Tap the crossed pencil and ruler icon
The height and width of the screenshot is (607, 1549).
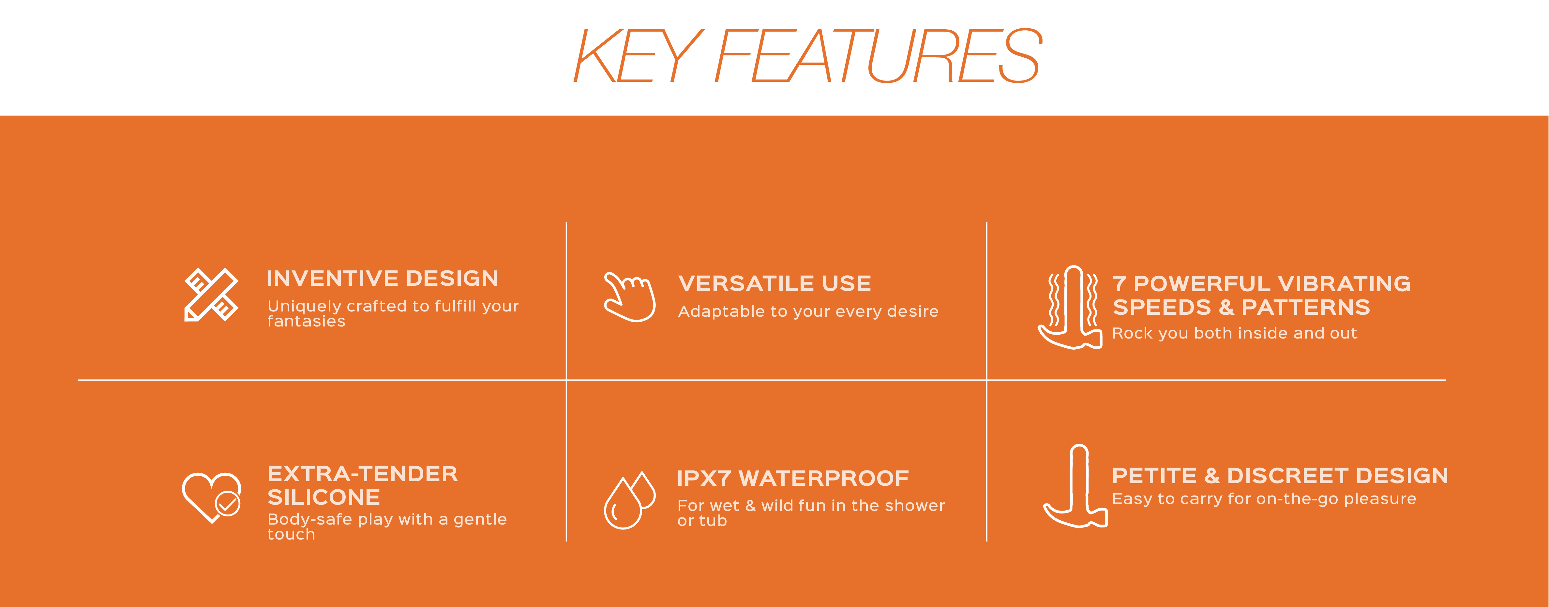(211, 295)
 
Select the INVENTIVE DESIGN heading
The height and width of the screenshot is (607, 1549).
(383, 278)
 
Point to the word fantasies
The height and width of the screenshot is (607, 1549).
(306, 322)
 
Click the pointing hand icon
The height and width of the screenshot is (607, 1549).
(629, 297)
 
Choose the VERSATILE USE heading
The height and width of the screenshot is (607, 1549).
(774, 283)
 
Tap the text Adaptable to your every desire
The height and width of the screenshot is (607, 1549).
(808, 311)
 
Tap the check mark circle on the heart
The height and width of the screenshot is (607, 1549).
(228, 504)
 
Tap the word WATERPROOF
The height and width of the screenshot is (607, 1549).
(824, 478)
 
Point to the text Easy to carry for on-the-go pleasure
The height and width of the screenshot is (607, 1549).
(1264, 499)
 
